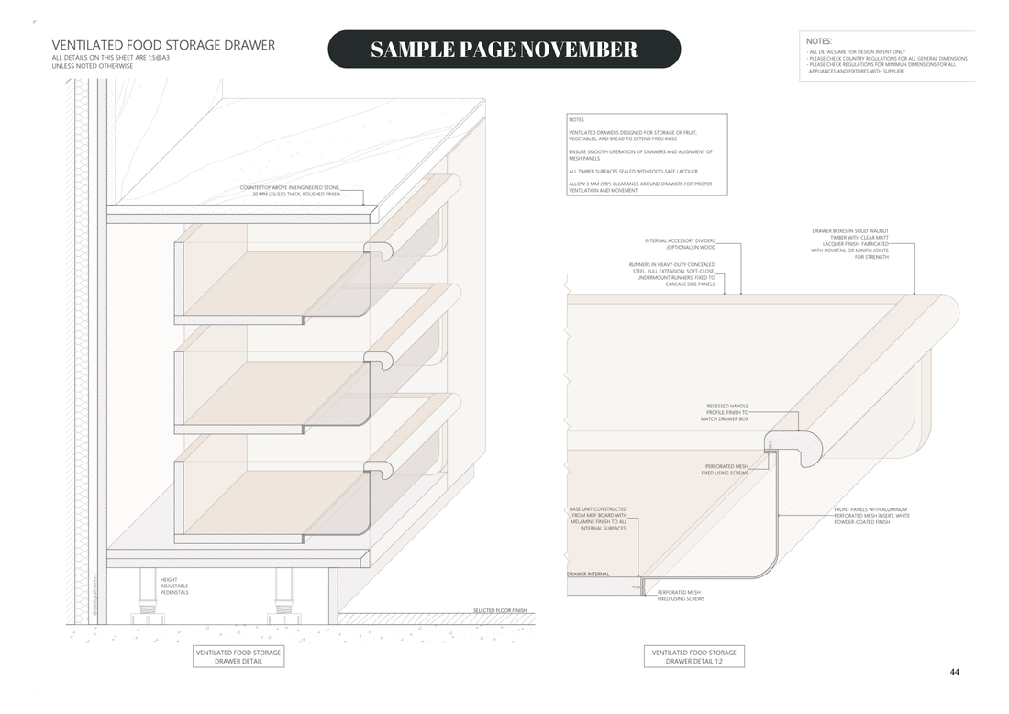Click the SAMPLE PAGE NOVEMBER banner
click(504, 50)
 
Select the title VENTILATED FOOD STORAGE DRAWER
click(163, 45)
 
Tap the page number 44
click(954, 672)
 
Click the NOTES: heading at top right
click(819, 41)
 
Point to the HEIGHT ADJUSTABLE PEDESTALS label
click(174, 586)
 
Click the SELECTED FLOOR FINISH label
click(499, 610)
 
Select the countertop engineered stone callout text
click(290, 191)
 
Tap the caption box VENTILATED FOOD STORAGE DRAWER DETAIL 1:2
click(693, 656)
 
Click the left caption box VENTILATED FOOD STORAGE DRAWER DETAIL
click(238, 656)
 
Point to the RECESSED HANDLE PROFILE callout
click(727, 412)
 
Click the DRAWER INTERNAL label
click(587, 575)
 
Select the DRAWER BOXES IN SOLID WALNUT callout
click(849, 244)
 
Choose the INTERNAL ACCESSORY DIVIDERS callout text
click(679, 244)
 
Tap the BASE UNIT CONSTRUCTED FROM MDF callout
click(598, 519)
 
